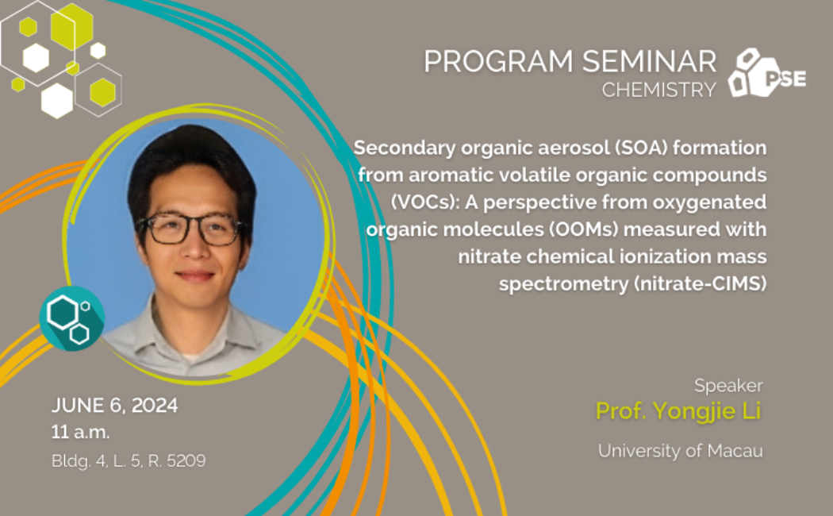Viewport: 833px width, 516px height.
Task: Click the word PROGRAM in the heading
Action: (497, 61)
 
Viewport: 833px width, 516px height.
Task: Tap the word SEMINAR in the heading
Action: (649, 61)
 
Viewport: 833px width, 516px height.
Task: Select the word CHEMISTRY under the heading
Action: (658, 90)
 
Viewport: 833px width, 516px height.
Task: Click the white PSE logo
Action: (766, 73)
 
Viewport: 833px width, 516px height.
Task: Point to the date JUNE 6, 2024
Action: (115, 406)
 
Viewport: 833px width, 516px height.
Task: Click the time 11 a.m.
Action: (81, 432)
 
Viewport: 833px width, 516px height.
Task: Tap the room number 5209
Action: (186, 460)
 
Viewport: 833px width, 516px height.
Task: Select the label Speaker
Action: (728, 385)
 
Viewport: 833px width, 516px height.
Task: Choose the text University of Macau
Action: (680, 451)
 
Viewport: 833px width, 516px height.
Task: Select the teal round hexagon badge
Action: (71, 319)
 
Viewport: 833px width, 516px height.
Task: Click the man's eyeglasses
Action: (191, 229)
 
